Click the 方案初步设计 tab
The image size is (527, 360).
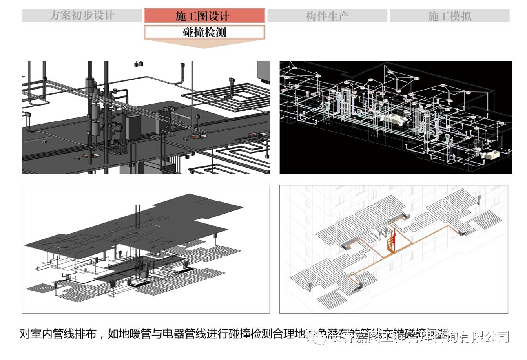(82, 16)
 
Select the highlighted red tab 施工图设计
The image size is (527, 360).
(204, 16)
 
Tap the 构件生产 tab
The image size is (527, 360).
(327, 16)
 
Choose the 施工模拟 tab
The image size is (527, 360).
(449, 16)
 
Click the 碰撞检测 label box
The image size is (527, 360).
(204, 32)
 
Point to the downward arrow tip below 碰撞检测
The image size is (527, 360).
(204, 48)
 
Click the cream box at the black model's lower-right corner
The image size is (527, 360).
(491, 155)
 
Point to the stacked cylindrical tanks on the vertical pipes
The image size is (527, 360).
(95, 106)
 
